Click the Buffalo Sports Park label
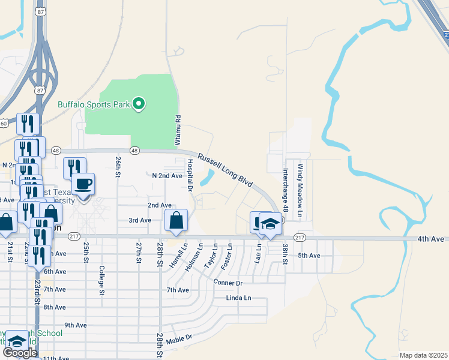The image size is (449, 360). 94,104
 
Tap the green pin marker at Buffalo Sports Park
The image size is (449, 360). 139,104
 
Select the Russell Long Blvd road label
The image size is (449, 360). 224,171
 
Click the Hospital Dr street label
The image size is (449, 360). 189,176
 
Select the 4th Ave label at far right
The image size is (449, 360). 431,239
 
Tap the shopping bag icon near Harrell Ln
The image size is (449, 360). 176,220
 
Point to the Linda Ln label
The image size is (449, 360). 238,298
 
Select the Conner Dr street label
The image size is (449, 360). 228,282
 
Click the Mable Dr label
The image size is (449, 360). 179,338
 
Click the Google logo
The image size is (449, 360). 20,353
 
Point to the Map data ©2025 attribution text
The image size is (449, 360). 423,355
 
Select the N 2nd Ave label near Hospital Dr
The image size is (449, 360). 167,176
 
